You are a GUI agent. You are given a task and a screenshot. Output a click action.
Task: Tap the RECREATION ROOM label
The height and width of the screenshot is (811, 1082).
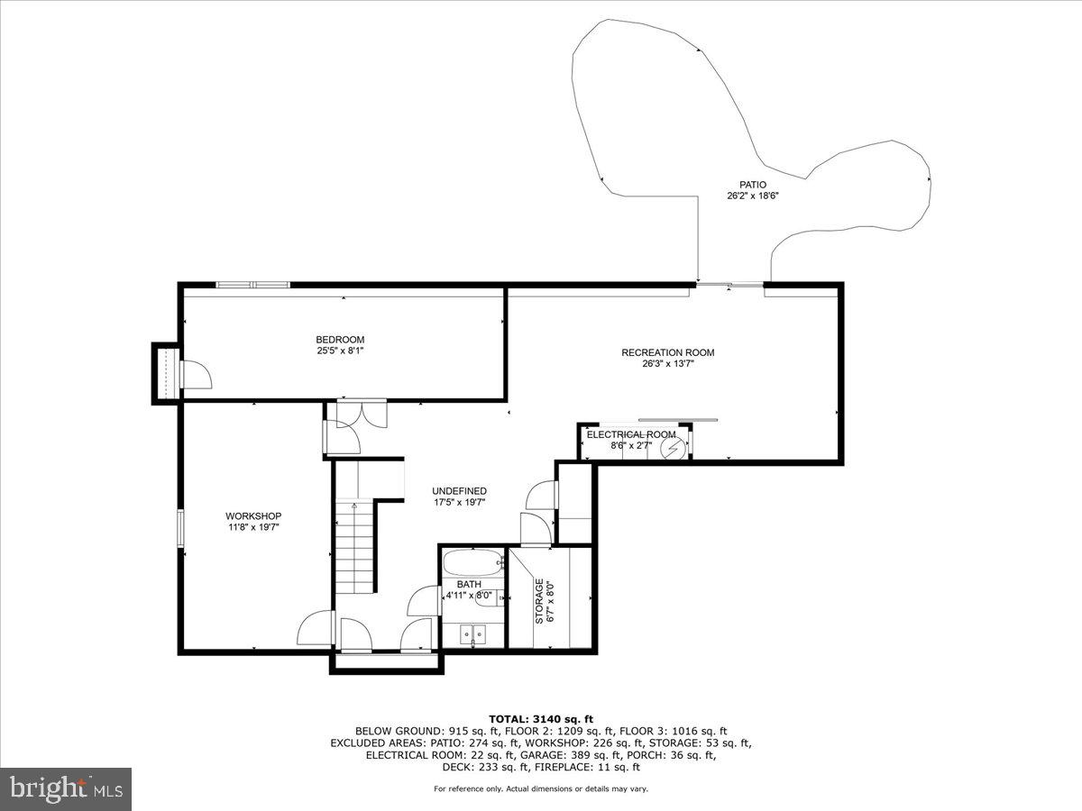coord(667,352)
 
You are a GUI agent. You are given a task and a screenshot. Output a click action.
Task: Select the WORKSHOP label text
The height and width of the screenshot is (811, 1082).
coord(253,515)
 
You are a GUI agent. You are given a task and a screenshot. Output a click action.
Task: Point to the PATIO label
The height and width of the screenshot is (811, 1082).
coord(752,184)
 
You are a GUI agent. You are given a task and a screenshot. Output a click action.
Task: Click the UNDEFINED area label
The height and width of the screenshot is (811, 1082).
coord(459,491)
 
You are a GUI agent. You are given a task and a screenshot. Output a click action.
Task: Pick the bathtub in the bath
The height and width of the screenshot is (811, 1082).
coord(472,563)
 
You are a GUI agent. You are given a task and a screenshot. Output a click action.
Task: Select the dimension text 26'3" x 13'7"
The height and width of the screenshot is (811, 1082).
coord(667,364)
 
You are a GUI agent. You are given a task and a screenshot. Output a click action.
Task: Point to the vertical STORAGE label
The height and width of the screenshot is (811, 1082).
coord(539,601)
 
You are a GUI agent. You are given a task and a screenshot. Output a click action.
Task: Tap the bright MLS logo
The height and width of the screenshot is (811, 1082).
coord(67,788)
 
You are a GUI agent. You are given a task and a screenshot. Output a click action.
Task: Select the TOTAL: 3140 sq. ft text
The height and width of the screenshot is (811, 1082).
coord(541,718)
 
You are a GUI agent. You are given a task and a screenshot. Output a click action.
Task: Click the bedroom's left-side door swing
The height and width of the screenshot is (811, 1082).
coord(193,375)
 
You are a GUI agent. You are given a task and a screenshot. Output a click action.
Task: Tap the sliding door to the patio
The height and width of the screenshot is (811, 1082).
coord(730,286)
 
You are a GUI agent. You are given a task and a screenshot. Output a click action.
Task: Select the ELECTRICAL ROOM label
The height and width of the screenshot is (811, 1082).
coord(631,434)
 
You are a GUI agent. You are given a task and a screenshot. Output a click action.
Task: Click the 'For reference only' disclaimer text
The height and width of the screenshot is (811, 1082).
coord(541,788)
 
